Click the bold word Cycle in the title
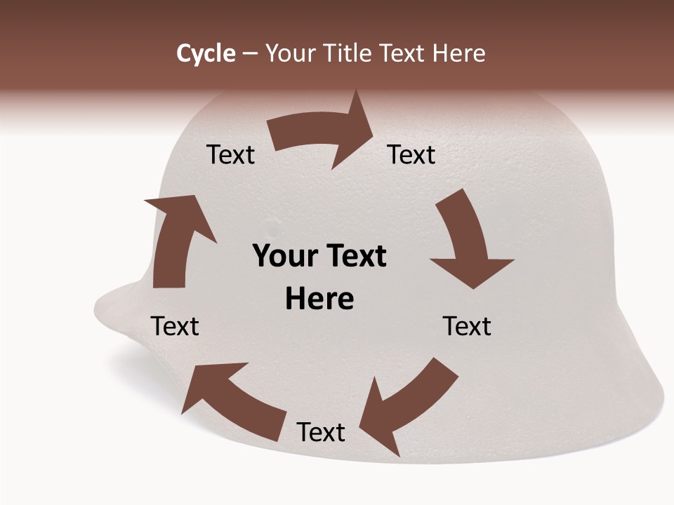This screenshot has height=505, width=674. point(206,53)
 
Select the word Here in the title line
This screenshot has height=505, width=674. point(458,53)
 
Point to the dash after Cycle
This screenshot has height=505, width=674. point(251,54)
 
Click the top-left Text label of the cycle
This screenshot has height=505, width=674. point(230,154)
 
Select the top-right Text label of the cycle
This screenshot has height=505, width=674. point(411,154)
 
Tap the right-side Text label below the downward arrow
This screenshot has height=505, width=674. point(467,326)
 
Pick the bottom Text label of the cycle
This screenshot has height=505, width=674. point(320,432)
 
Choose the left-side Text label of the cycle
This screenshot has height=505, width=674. point(175,326)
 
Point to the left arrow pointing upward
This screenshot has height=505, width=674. point(176,238)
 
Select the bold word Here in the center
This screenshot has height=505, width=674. point(319,299)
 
